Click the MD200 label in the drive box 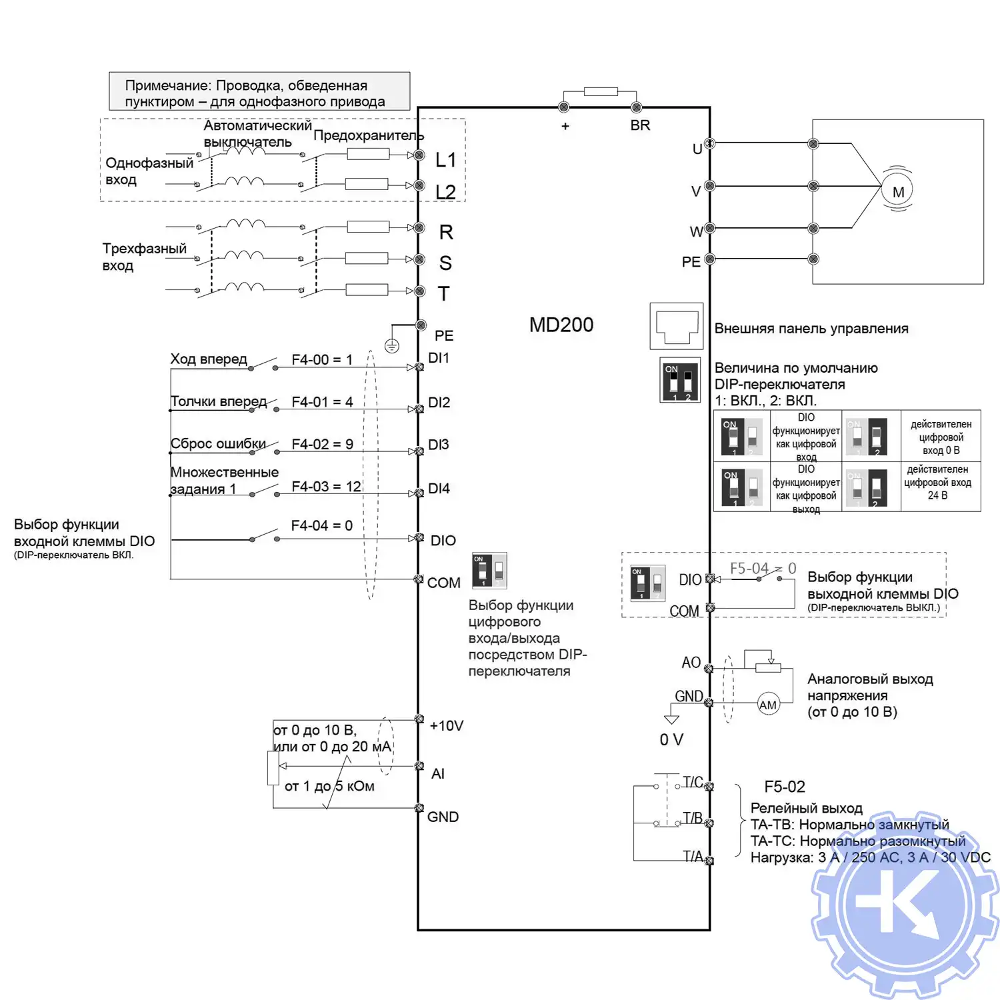tap(561, 325)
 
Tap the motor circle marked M tap(898, 191)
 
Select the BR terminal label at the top tap(640, 125)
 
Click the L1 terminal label tap(445, 160)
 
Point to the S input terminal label tap(445, 263)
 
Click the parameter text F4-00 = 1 tap(322, 360)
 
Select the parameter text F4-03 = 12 tap(326, 487)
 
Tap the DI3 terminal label tap(439, 445)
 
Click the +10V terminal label tap(446, 725)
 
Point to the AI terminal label tap(437, 773)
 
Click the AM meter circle tap(768, 705)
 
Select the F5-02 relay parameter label tap(785, 787)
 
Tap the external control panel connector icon tap(677, 326)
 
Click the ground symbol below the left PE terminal tap(392, 346)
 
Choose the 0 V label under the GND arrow tap(671, 740)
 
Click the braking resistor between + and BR tap(600, 91)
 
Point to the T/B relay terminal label tap(693, 818)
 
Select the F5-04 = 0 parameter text tap(763, 568)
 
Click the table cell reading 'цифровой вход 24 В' tap(940, 483)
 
